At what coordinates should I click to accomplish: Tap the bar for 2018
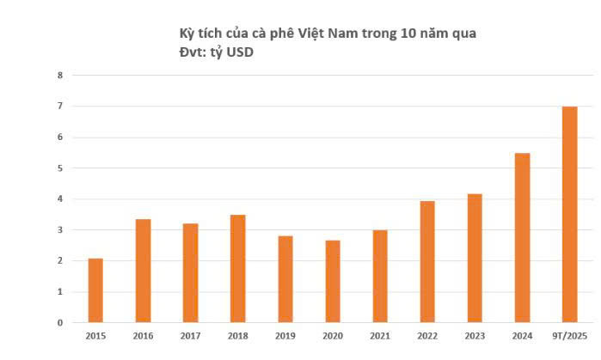coord(238,268)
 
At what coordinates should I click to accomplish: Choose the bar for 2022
coord(427,261)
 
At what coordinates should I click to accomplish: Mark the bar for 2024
coord(522,237)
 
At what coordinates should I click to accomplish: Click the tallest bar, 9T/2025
coord(569,214)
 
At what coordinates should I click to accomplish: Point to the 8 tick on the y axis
coord(59,76)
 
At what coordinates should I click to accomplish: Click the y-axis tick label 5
coord(59,168)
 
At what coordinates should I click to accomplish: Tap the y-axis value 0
coord(59,323)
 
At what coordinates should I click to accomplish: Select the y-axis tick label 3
coord(59,230)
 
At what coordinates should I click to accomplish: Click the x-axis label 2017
coord(190,336)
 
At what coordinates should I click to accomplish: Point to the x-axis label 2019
coord(285,336)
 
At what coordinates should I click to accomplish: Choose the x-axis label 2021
coord(379,336)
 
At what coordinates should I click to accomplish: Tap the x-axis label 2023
coord(474,336)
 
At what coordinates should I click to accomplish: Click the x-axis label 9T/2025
coord(569,336)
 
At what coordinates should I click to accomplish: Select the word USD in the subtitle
coord(242,52)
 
